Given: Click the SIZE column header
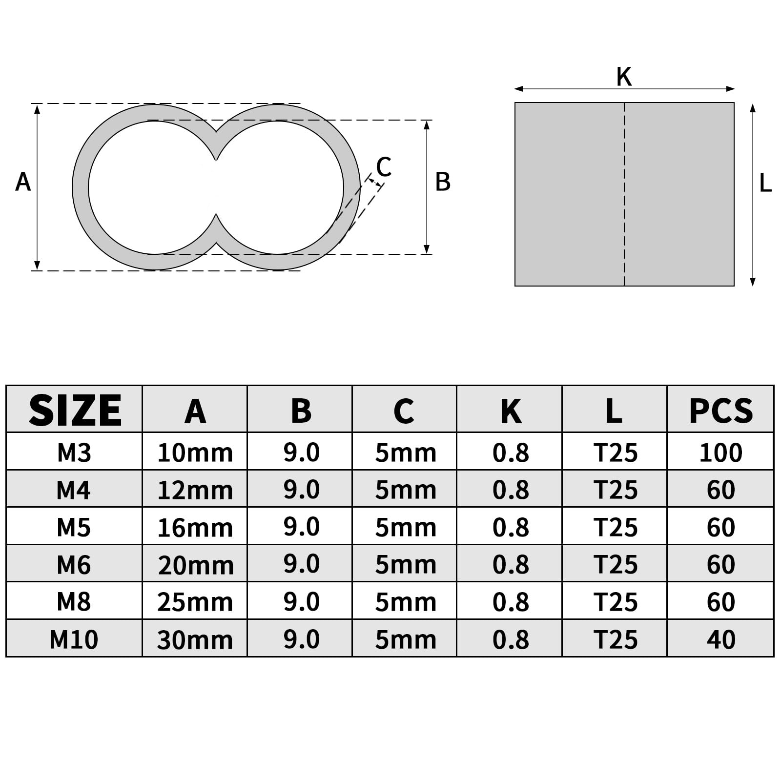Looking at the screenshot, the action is [x=75, y=411].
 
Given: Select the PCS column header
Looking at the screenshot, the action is [x=721, y=411].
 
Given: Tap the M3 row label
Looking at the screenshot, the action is [x=74, y=452].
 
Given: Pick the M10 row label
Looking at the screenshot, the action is [x=74, y=639].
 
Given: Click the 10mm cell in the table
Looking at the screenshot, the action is [x=195, y=452].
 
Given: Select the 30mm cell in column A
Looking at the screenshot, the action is [x=195, y=639].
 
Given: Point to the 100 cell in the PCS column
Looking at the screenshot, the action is [x=721, y=452].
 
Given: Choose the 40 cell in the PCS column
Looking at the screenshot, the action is [x=721, y=639].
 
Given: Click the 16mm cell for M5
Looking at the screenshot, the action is [x=195, y=528].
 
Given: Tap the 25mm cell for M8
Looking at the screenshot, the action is [x=195, y=602].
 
